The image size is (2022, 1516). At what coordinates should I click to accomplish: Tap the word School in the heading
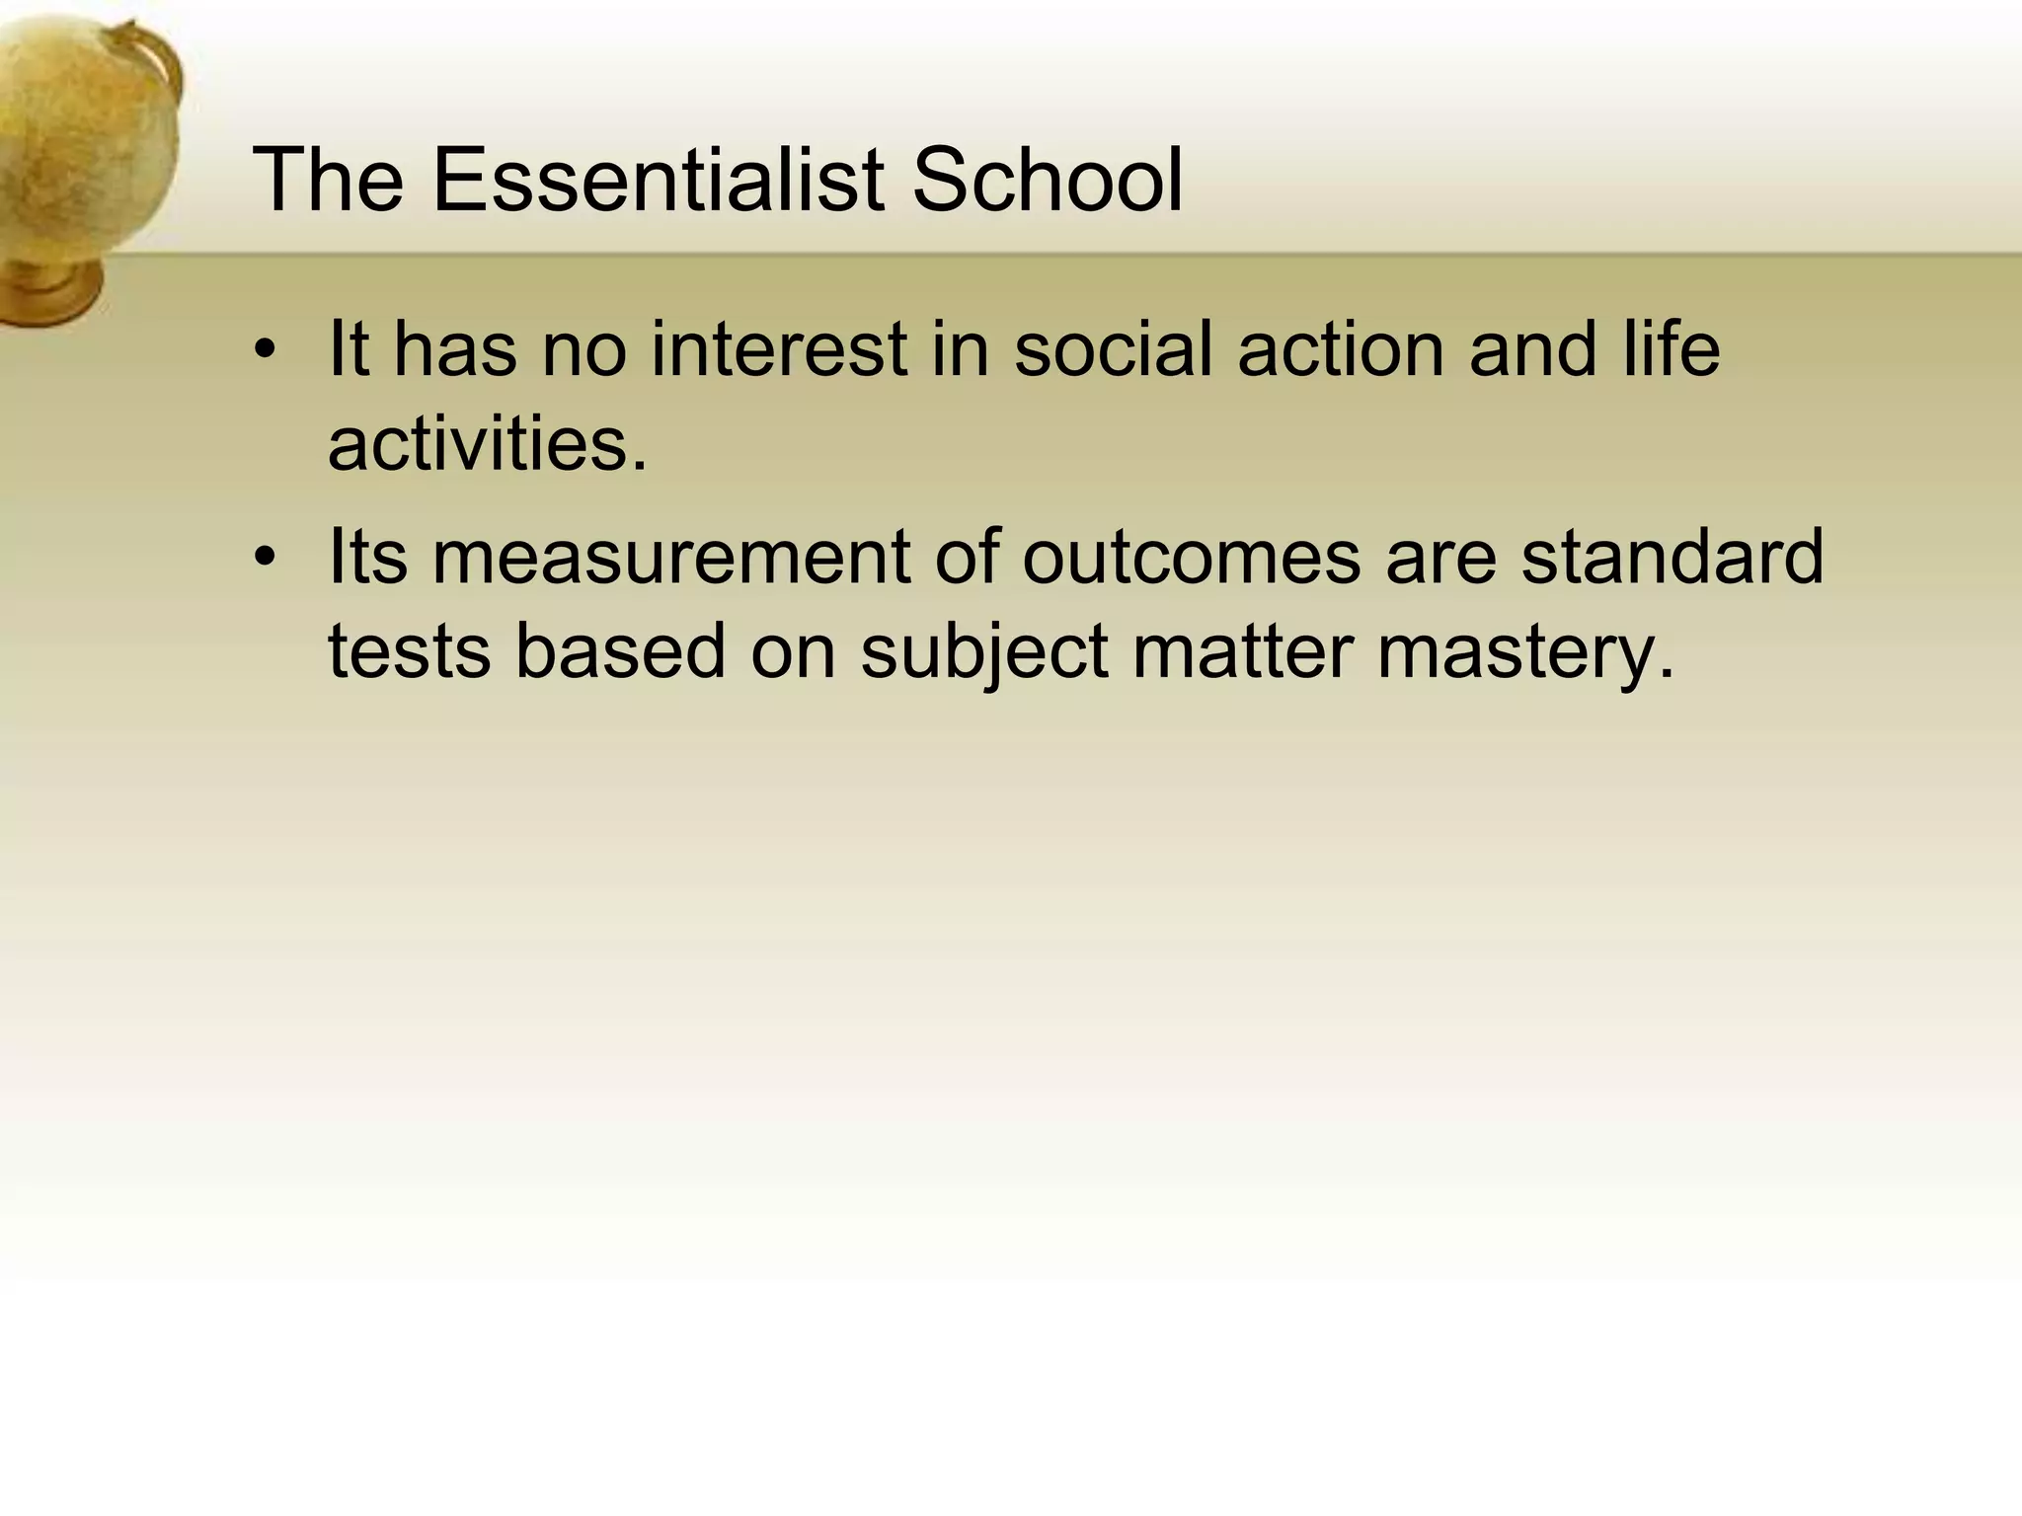(1047, 180)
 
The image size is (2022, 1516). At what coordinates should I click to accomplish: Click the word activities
(487, 444)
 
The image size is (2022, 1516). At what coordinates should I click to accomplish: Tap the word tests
(409, 651)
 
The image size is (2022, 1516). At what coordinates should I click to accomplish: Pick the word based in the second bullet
(620, 651)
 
